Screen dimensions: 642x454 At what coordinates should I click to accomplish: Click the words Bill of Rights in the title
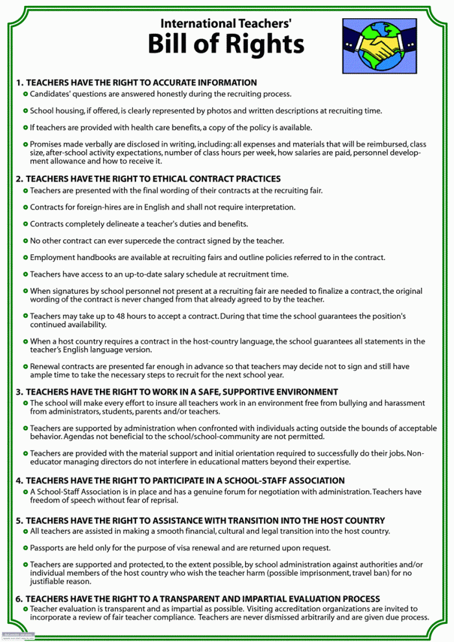226,44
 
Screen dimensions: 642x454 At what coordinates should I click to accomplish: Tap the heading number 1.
19,83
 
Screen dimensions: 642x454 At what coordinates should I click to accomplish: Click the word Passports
49,548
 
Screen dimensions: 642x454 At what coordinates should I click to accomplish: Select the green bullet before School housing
25,111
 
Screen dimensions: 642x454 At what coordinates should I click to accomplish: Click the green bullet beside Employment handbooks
25,257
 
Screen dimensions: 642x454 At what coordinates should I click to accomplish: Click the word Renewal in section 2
46,366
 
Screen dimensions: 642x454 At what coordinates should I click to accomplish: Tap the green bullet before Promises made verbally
25,144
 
